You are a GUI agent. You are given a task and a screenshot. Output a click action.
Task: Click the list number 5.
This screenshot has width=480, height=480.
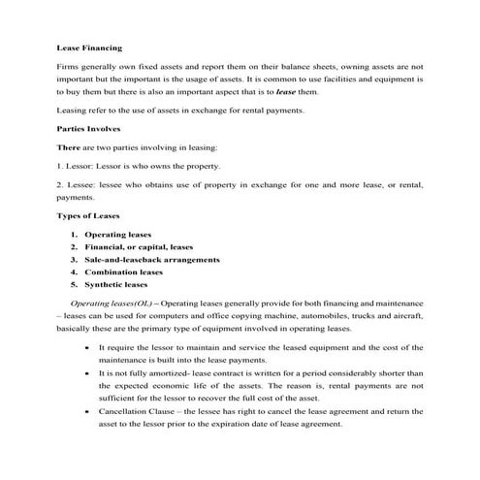[73, 285]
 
